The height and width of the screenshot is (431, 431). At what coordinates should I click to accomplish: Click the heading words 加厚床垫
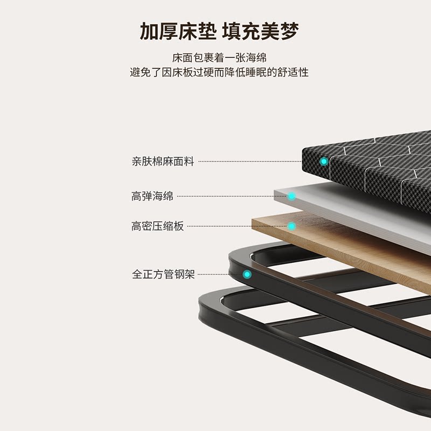coord(176,32)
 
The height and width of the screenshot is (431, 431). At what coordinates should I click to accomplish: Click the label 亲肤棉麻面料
coord(163,161)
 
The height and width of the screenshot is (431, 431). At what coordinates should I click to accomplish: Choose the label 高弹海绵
coord(152,196)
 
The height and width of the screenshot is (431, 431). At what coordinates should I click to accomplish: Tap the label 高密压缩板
coord(157,226)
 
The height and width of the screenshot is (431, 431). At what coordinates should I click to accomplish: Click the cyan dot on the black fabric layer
coord(324,161)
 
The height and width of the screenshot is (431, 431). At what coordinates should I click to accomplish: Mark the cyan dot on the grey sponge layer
coord(291,196)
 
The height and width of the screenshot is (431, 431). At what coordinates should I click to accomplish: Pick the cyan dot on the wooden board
coord(291,226)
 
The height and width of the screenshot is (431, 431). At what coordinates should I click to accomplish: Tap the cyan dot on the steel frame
coord(247,274)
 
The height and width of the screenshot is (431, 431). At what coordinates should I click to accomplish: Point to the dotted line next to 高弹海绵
coord(226,196)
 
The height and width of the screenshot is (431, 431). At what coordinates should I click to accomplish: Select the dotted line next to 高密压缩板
coord(232,226)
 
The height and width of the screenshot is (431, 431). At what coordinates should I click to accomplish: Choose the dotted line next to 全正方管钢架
coord(215,274)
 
